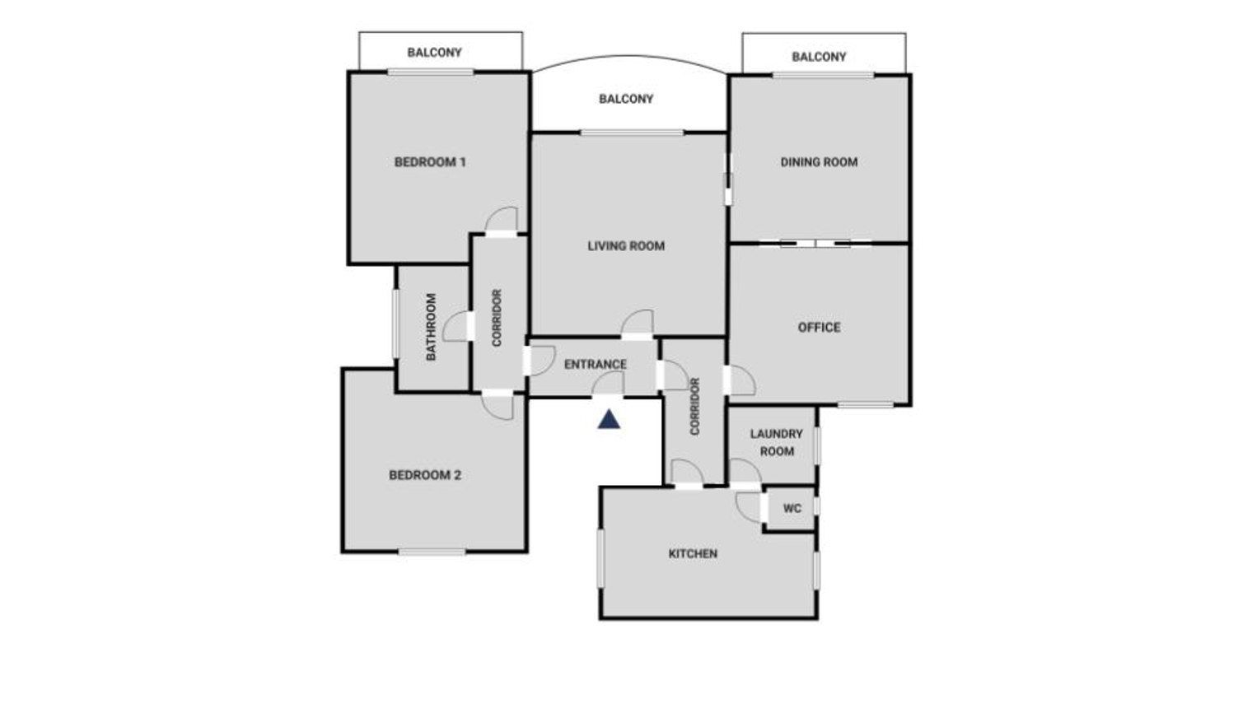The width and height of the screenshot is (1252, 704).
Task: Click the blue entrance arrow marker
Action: [x=609, y=420]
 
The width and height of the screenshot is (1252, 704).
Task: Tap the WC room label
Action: [x=792, y=509]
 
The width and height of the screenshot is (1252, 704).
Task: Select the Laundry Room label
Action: [x=777, y=442]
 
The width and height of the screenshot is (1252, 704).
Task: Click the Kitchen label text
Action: [x=693, y=553]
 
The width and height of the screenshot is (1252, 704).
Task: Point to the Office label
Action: [x=819, y=328]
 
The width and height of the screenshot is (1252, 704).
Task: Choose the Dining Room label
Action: [x=819, y=162]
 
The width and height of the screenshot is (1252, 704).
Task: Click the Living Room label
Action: [x=626, y=246]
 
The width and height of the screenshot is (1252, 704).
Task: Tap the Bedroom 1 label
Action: [x=430, y=162]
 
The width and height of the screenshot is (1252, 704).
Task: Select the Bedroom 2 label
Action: [x=425, y=475]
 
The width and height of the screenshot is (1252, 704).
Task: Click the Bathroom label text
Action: [x=431, y=327]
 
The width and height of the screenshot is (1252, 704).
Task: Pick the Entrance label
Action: [x=596, y=364]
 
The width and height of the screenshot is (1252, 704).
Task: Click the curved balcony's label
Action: [x=626, y=99]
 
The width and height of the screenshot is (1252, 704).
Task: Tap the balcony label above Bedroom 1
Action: [x=434, y=53]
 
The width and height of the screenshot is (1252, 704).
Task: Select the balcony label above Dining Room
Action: [x=819, y=57]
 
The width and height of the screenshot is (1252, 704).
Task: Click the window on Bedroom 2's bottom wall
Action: [x=432, y=552]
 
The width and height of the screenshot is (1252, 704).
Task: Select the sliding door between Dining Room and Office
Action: [x=815, y=244]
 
